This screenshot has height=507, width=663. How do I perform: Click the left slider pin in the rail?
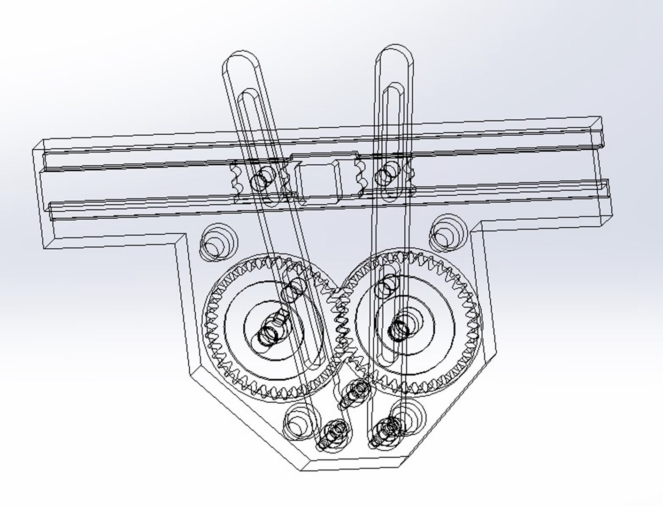coord(261,180)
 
